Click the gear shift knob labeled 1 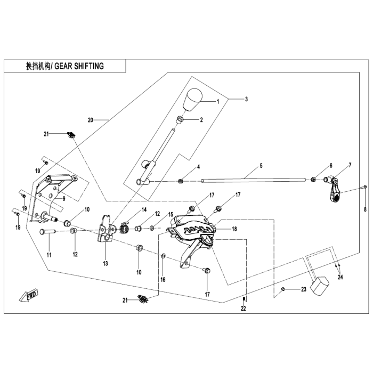pos(194,100)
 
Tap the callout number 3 pos(246,99)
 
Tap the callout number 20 pos(90,120)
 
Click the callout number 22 pos(243,309)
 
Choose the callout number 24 pos(340,277)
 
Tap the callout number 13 pos(106,263)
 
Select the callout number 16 pos(163,279)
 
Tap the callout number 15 pos(171,214)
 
